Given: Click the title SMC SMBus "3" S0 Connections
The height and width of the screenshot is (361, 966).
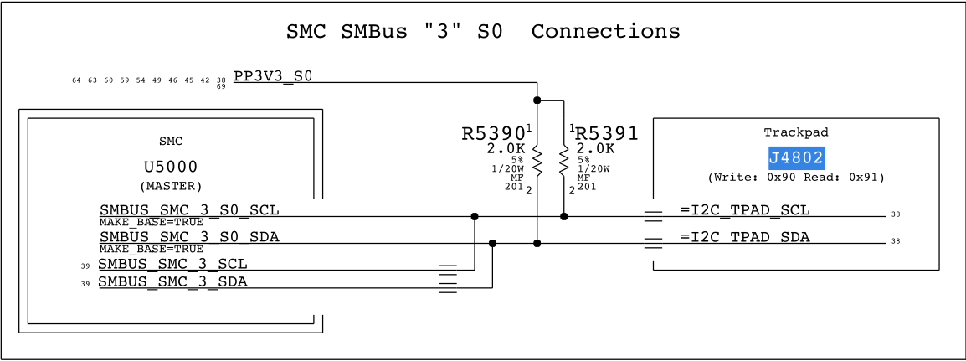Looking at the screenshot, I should [x=483, y=32].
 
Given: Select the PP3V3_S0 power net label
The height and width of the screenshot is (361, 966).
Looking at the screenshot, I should [x=273, y=76].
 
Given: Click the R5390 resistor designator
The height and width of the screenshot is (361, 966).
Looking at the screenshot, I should [x=493, y=133].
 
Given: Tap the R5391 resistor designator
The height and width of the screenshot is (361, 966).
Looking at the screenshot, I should [x=607, y=133].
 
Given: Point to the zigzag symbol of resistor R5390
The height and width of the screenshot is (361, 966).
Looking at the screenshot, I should [x=537, y=161].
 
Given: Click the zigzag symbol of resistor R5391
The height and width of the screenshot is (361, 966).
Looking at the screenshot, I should [x=563, y=161].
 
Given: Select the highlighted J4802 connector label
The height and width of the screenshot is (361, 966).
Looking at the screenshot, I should [x=796, y=157].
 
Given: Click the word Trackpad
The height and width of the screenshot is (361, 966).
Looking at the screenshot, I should [x=795, y=132].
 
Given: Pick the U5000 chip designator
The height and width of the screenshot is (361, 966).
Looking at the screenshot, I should [x=170, y=167].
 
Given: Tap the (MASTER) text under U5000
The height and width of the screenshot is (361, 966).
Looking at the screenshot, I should [x=170, y=185].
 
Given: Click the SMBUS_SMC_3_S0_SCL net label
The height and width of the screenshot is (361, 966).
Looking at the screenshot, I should [x=189, y=209].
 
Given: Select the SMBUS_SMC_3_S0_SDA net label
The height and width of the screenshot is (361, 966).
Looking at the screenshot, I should [x=189, y=237].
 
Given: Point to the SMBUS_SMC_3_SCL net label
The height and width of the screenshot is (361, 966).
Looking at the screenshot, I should [x=172, y=264].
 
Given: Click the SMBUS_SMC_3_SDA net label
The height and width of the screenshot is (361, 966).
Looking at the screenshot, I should [x=172, y=281].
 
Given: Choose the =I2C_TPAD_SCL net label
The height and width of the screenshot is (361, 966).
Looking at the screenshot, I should [x=745, y=209].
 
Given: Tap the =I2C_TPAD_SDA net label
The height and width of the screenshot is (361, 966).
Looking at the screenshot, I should [x=745, y=237].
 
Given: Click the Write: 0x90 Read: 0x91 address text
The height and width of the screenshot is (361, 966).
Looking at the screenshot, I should [x=795, y=178].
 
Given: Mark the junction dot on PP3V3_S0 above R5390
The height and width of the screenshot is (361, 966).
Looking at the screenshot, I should [x=537, y=101].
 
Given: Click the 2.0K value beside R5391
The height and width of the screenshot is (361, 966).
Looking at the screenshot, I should [x=595, y=149].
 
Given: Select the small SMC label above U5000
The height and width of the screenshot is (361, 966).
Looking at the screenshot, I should [x=170, y=142].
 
